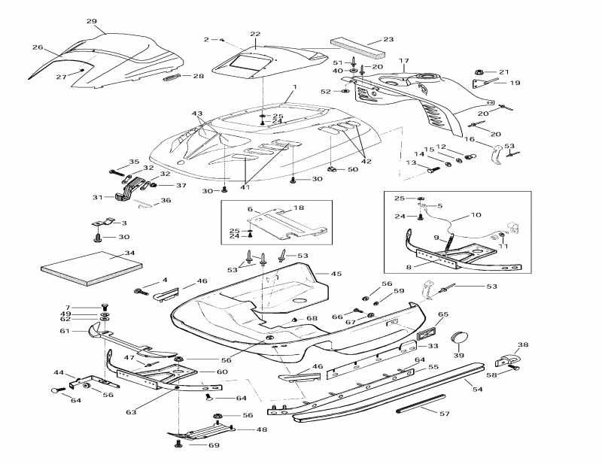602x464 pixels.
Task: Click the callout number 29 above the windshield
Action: coord(92,21)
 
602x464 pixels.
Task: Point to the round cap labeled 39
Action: coord(461,338)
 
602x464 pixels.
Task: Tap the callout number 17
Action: coord(403,61)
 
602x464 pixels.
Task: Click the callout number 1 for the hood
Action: coord(295,87)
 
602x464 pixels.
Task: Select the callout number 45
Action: coord(336,274)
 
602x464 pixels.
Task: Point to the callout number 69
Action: coord(214,446)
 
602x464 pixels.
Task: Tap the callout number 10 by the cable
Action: coord(476,215)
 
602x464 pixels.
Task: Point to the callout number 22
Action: coord(255,35)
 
